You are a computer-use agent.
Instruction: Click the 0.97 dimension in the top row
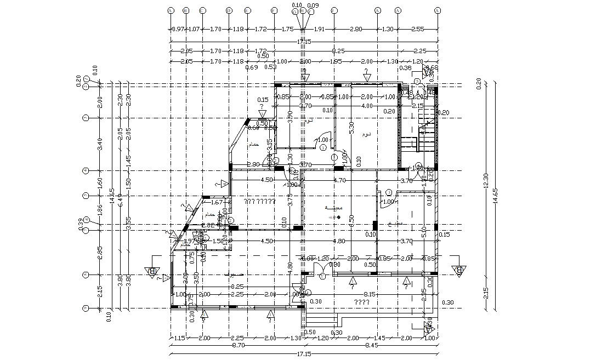point(177,29)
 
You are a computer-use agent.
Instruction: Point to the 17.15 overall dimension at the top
point(304,41)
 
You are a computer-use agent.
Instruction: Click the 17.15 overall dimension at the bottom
point(304,355)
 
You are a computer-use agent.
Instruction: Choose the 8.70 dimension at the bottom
point(237,346)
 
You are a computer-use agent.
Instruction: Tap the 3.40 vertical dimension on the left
point(99,144)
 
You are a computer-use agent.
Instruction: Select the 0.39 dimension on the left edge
point(81,223)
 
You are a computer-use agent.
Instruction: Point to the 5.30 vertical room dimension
point(351,128)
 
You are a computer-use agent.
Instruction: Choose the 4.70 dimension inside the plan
point(339,180)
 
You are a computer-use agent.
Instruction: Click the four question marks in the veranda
point(360,302)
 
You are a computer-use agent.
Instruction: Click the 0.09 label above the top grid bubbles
point(313,5)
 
